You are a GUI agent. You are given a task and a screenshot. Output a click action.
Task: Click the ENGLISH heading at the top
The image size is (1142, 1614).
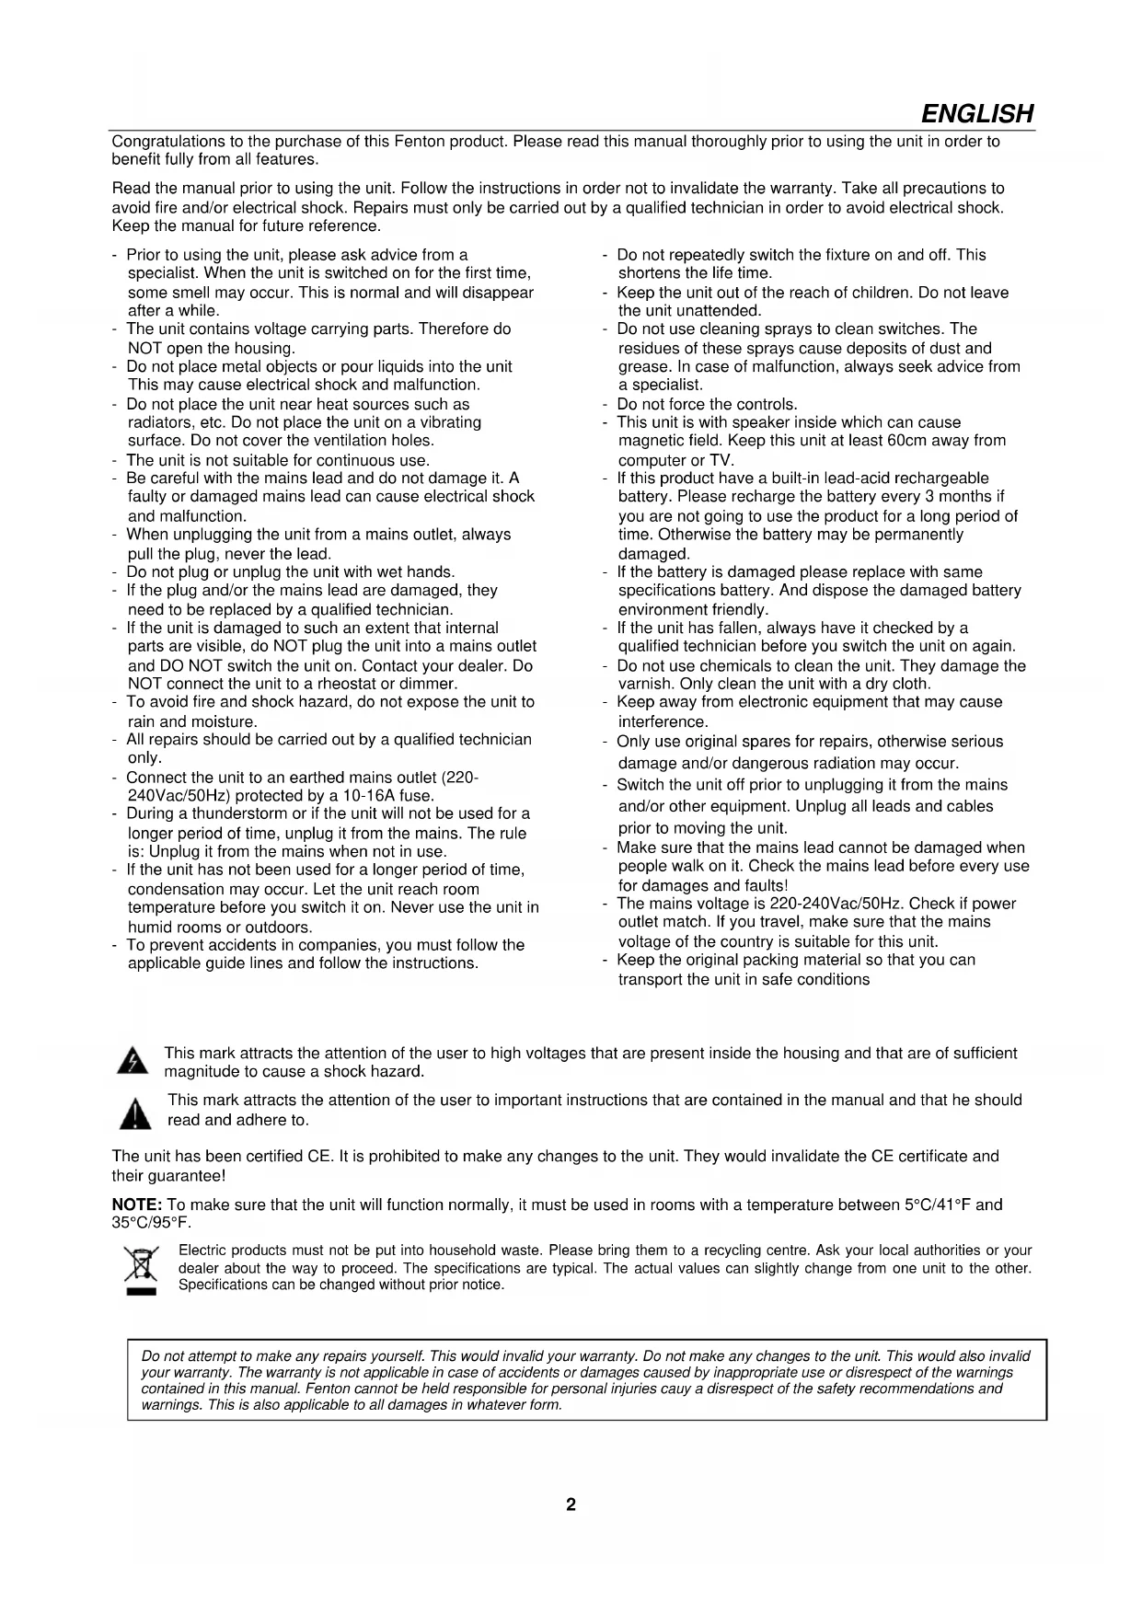click(976, 114)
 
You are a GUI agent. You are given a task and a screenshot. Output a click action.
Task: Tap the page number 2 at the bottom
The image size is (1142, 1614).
click(571, 1504)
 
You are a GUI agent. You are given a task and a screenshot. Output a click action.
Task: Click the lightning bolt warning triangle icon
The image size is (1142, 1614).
click(133, 1061)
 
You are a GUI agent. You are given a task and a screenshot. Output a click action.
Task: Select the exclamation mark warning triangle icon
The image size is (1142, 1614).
click(135, 1113)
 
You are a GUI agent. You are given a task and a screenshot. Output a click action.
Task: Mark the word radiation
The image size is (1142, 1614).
click(862, 763)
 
